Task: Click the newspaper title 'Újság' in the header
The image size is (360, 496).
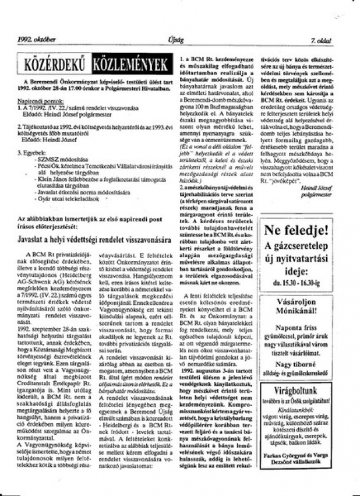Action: click(175, 40)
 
